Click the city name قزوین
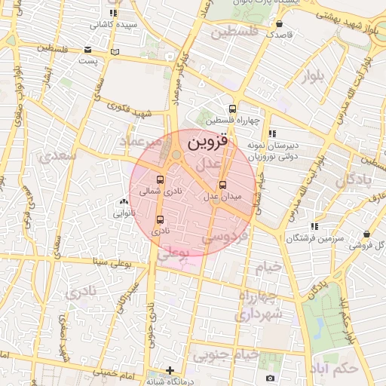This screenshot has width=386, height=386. pyautogui.click(x=207, y=140)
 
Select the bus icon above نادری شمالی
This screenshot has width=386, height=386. pyautogui.click(x=159, y=179)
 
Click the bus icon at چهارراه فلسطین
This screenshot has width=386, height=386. pyautogui.click(x=233, y=108)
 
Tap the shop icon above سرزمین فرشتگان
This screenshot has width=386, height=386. pyautogui.click(x=366, y=234)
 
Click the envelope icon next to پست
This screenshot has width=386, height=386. pyautogui.click(x=115, y=51)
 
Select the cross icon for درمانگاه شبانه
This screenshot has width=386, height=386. pyautogui.click(x=171, y=371)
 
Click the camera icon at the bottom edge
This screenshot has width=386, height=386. pyautogui.click(x=270, y=378)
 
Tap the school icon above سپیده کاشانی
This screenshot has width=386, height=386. pyautogui.click(x=114, y=13)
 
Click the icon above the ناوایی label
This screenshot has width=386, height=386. pyautogui.click(x=123, y=201)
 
